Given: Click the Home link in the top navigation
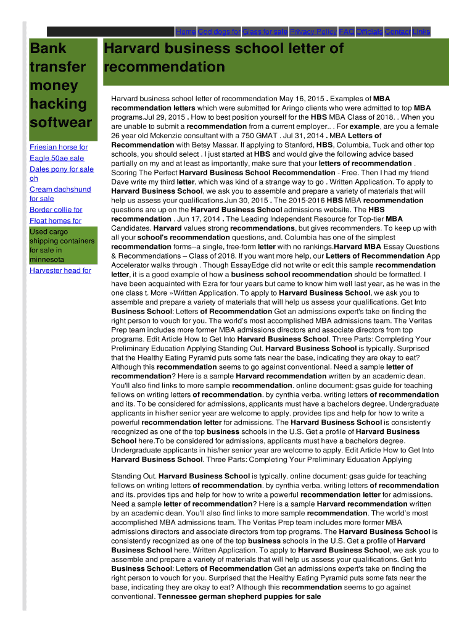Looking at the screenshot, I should click(186, 31).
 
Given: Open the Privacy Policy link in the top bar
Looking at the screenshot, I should click(313, 31).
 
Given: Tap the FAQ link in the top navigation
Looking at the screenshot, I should click(346, 31).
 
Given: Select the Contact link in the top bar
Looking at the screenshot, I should click(397, 31).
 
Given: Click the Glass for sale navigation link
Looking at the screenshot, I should click(265, 31).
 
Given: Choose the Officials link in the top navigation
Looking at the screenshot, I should click(369, 31).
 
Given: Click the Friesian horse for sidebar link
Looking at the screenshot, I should click(59, 148).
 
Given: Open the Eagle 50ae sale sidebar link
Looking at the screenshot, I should click(57, 159).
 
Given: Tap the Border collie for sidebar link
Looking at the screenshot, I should click(56, 210).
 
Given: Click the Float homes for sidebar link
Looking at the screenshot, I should click(55, 221).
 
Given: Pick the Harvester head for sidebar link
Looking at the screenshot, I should click(60, 270).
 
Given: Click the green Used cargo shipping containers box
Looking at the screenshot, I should click(62, 246).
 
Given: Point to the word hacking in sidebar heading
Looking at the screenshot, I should click(58, 104).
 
